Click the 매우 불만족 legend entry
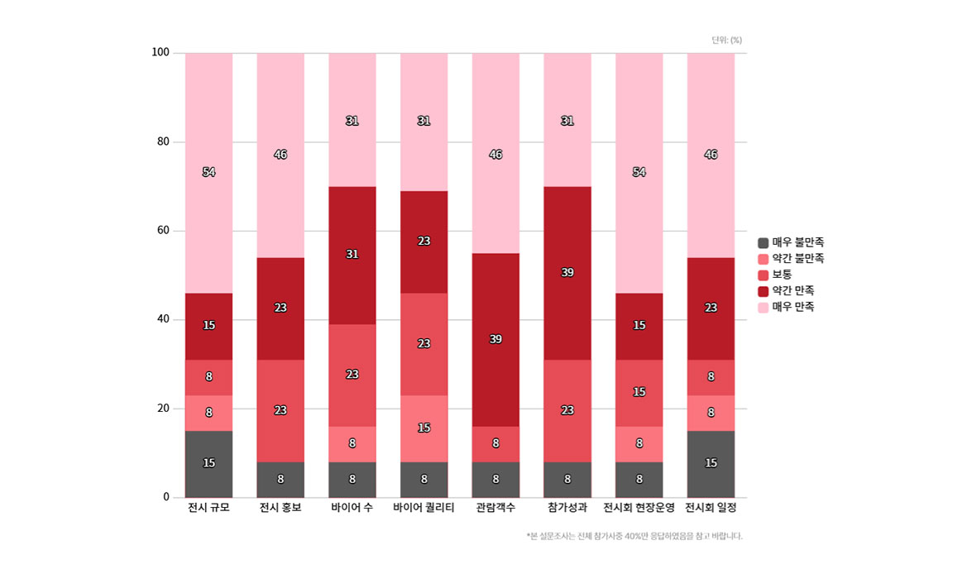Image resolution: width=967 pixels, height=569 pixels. pos(791,242)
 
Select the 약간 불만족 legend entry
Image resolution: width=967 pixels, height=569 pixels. pos(791,259)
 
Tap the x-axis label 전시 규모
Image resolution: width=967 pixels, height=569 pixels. pos(208,507)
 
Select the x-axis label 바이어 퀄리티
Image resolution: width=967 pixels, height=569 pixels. pos(424,507)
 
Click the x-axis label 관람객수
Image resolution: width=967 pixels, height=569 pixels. pos(495,507)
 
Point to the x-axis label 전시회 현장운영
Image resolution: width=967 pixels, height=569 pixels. pos(639,507)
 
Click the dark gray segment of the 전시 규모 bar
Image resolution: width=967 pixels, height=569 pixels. pos(208,463)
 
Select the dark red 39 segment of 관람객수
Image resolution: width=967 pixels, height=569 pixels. pos(495,339)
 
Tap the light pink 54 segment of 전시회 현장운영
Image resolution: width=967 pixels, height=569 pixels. pos(639,172)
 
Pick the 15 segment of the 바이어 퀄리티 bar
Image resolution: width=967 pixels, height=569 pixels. pos(424,428)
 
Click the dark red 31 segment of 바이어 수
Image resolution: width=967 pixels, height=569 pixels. pos(352,254)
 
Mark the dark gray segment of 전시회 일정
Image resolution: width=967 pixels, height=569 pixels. pos(711,463)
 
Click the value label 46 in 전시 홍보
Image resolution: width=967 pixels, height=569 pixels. pos(280,155)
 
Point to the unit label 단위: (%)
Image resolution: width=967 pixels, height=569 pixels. pos(726,40)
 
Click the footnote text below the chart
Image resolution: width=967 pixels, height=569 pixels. pos(634,536)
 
